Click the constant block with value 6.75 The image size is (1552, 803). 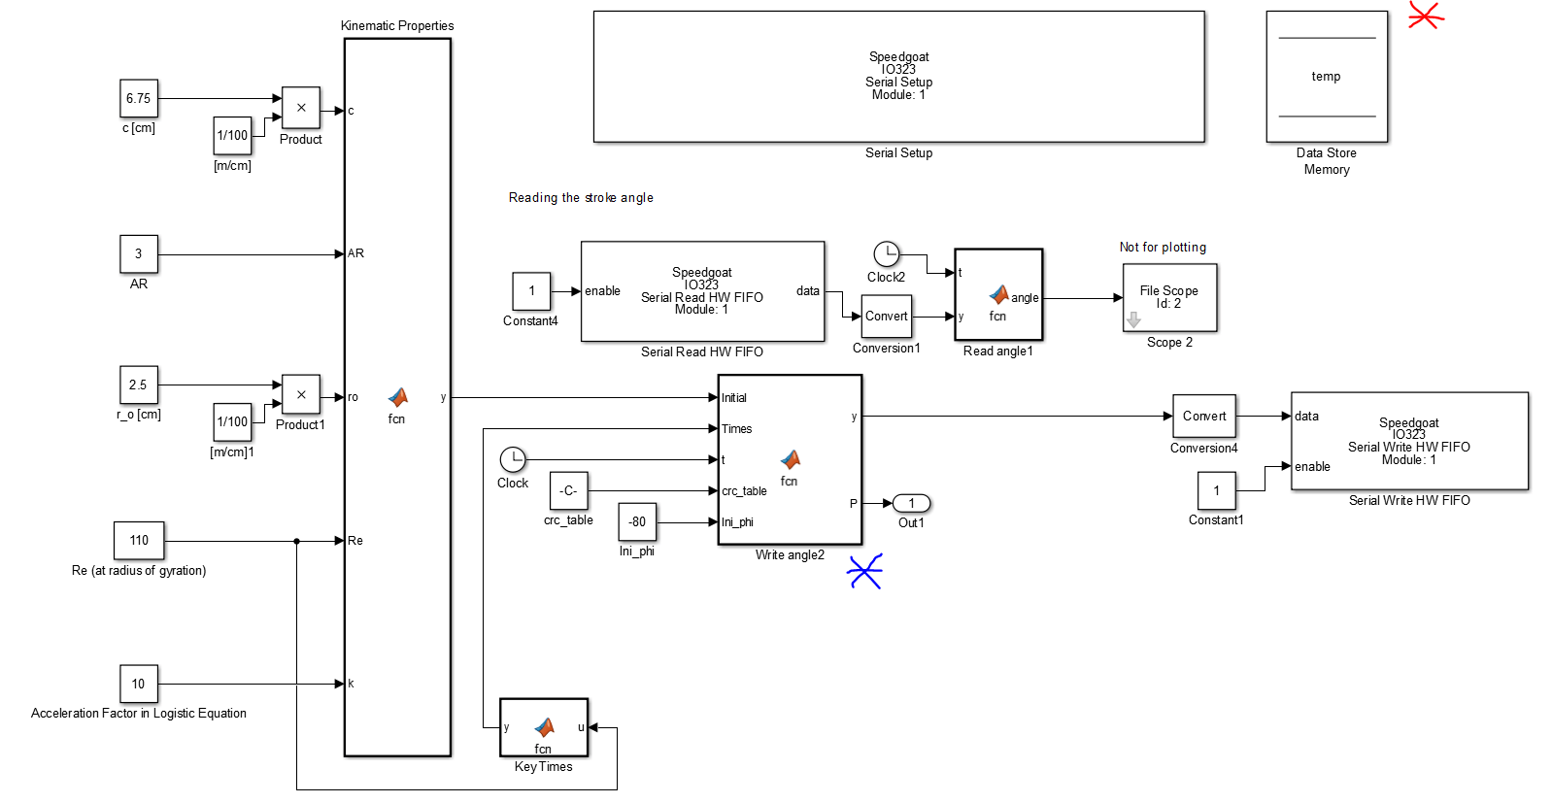(x=139, y=98)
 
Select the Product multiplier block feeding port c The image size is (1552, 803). (x=301, y=107)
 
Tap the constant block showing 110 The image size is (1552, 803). (x=139, y=540)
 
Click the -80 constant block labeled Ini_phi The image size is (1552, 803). (x=637, y=521)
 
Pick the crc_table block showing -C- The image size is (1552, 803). (x=568, y=490)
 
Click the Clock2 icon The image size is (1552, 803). (x=886, y=254)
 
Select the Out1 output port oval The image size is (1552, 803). (x=911, y=503)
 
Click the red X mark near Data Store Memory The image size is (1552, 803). (x=1425, y=16)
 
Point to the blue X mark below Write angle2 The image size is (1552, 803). (x=864, y=572)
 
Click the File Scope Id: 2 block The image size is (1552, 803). (x=1169, y=297)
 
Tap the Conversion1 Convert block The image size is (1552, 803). (x=886, y=316)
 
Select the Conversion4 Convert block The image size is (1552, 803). (x=1204, y=416)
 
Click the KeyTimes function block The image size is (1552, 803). (x=544, y=727)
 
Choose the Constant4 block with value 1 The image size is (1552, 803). (x=531, y=290)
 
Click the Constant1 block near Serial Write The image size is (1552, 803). (x=1216, y=490)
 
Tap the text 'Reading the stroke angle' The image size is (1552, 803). (x=581, y=197)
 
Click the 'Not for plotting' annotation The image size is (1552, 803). (x=1163, y=247)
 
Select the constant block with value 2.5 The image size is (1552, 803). (x=139, y=385)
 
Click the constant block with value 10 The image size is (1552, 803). (x=139, y=684)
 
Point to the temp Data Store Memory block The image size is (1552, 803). (x=1327, y=77)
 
